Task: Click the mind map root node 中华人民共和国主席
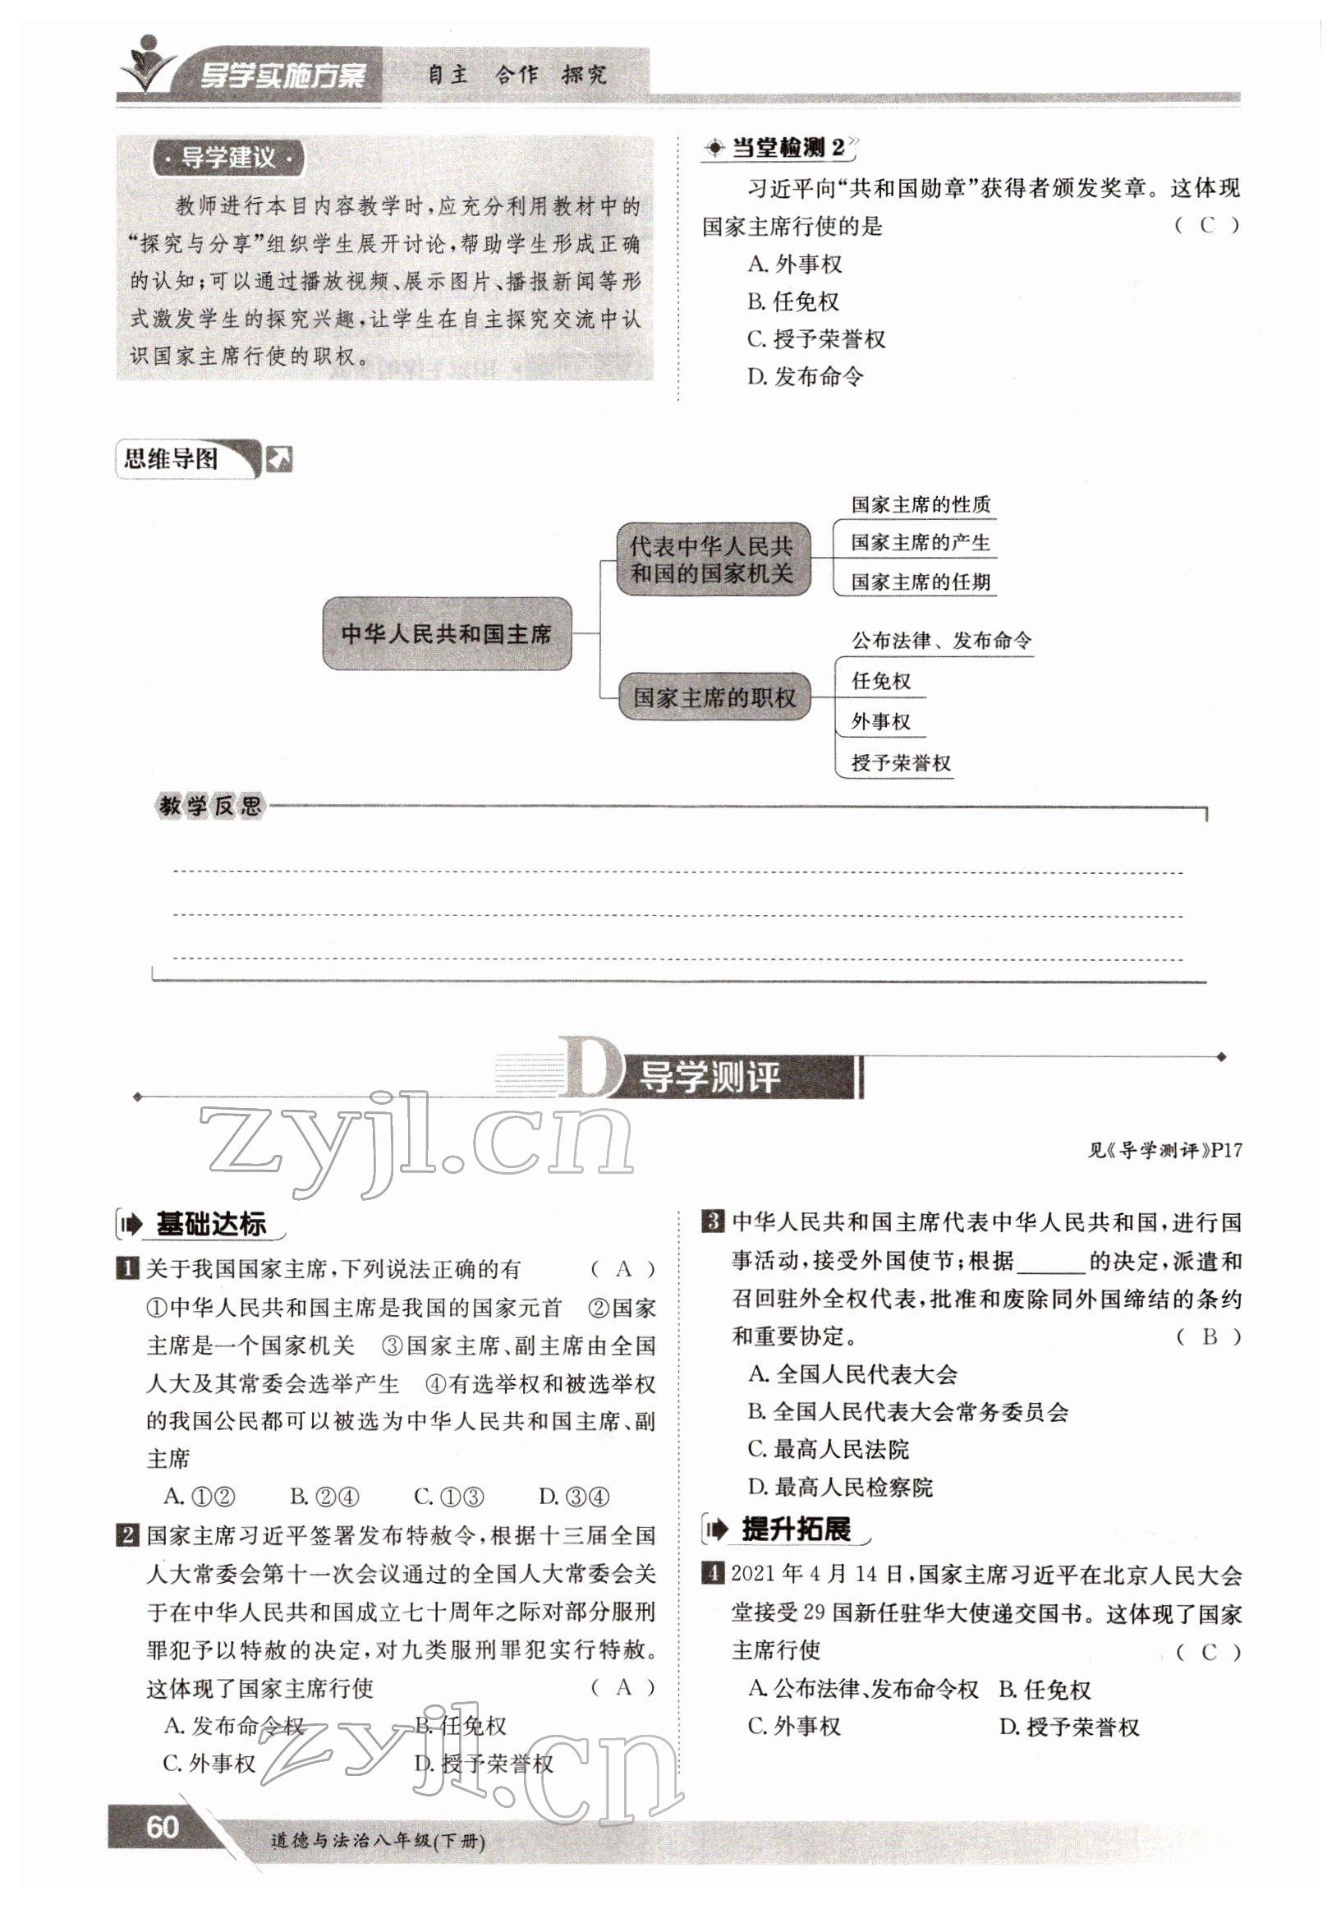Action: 447,633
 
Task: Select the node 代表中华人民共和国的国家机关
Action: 712,559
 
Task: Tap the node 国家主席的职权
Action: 714,697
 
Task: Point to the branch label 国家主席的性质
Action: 920,504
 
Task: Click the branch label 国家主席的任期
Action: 920,582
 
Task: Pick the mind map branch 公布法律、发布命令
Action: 940,640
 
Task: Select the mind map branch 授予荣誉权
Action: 900,762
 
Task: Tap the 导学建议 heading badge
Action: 227,158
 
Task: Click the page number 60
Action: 161,1828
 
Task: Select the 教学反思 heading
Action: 209,806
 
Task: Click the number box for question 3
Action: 712,1221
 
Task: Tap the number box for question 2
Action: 126,1536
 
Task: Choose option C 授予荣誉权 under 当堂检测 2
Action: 816,339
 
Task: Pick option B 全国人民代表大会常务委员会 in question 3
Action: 908,1412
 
